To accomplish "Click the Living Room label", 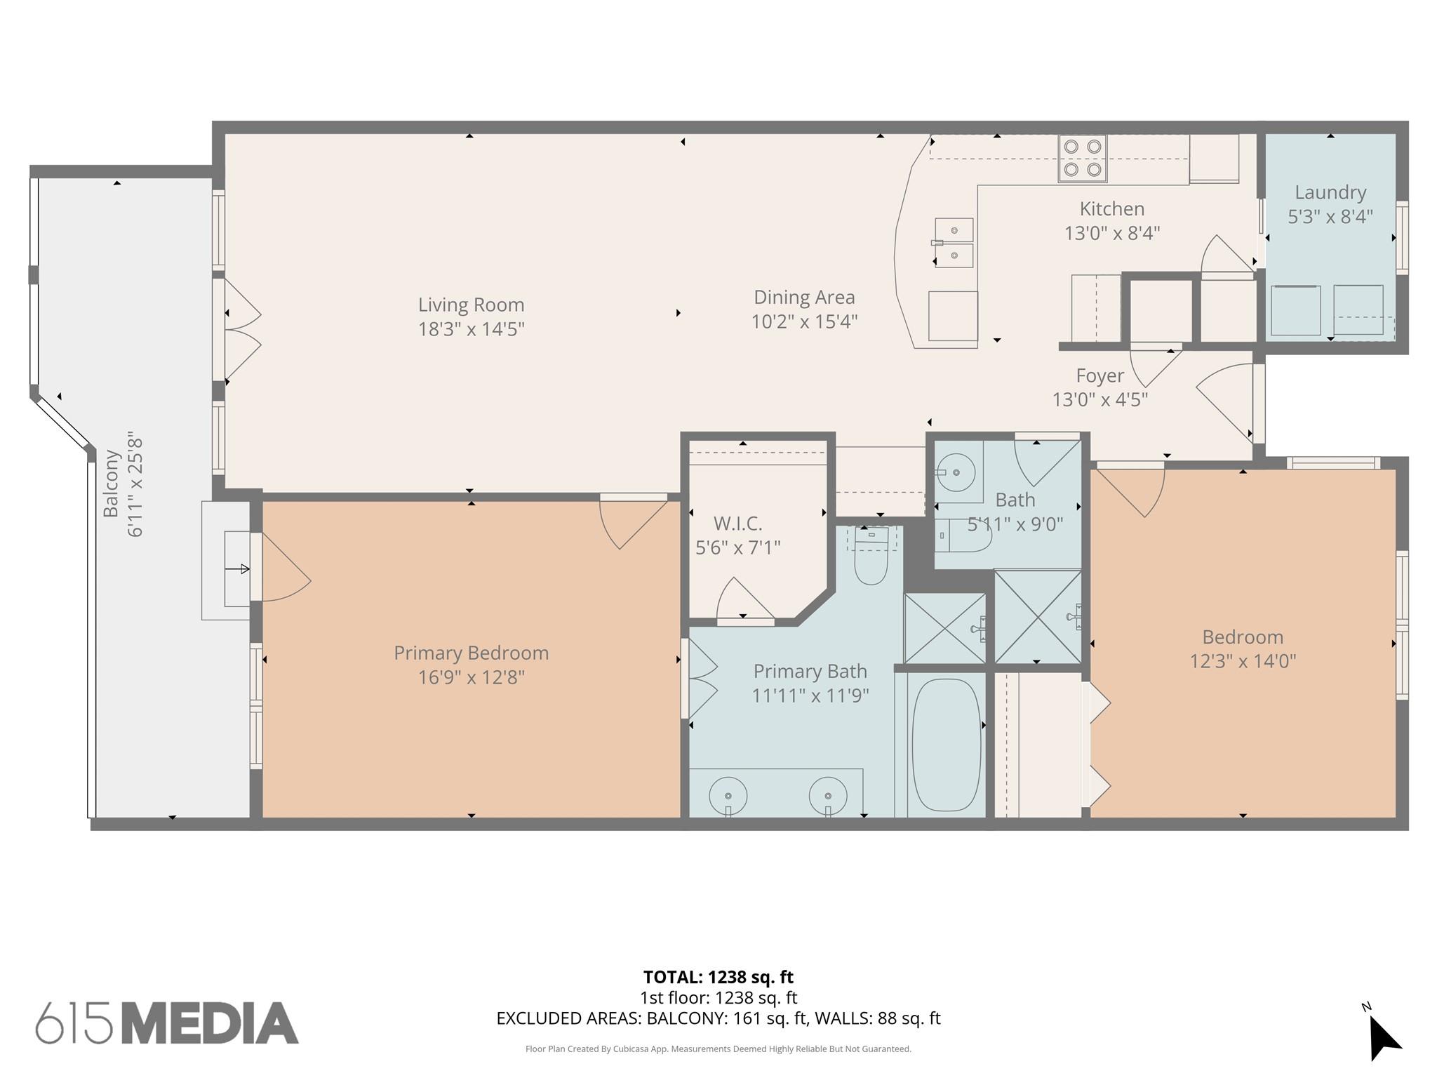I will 471,305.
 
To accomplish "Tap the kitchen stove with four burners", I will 1082,159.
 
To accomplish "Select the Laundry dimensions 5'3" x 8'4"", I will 1330,216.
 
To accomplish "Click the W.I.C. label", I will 737,524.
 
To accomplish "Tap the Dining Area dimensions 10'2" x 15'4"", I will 804,321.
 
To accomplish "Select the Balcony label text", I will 111,484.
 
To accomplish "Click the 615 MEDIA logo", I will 167,1023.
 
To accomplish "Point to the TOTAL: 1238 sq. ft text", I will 718,977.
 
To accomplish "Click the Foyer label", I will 1100,376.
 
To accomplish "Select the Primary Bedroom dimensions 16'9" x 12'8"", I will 471,677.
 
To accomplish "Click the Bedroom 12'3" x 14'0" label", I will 1242,648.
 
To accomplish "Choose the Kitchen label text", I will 1111,209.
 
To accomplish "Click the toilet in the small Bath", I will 966,536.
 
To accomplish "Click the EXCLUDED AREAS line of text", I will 718,1018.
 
